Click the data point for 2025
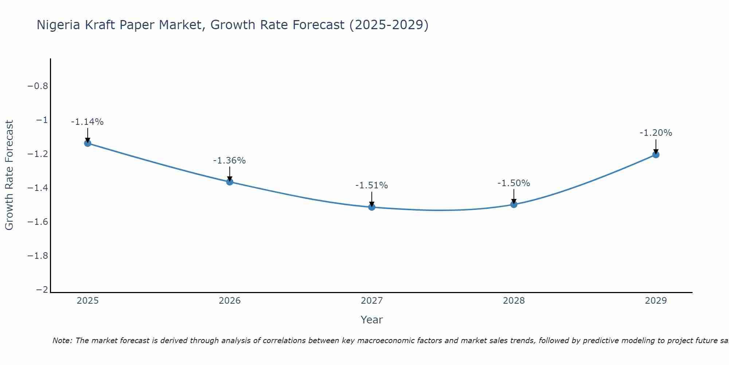click(x=87, y=143)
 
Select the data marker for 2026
click(x=230, y=182)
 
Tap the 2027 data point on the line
click(x=372, y=207)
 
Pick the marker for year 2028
click(x=514, y=204)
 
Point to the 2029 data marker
click(x=656, y=154)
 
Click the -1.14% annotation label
click(x=87, y=122)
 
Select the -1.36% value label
click(x=229, y=161)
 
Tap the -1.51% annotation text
click(x=371, y=185)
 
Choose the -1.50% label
click(x=514, y=183)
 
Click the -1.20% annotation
click(x=656, y=133)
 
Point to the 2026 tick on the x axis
click(x=230, y=301)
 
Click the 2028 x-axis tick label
click(x=514, y=301)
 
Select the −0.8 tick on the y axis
click(x=38, y=86)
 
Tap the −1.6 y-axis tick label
click(x=38, y=222)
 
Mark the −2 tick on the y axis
click(x=42, y=290)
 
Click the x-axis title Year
click(x=371, y=320)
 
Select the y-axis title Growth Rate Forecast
click(x=9, y=175)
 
